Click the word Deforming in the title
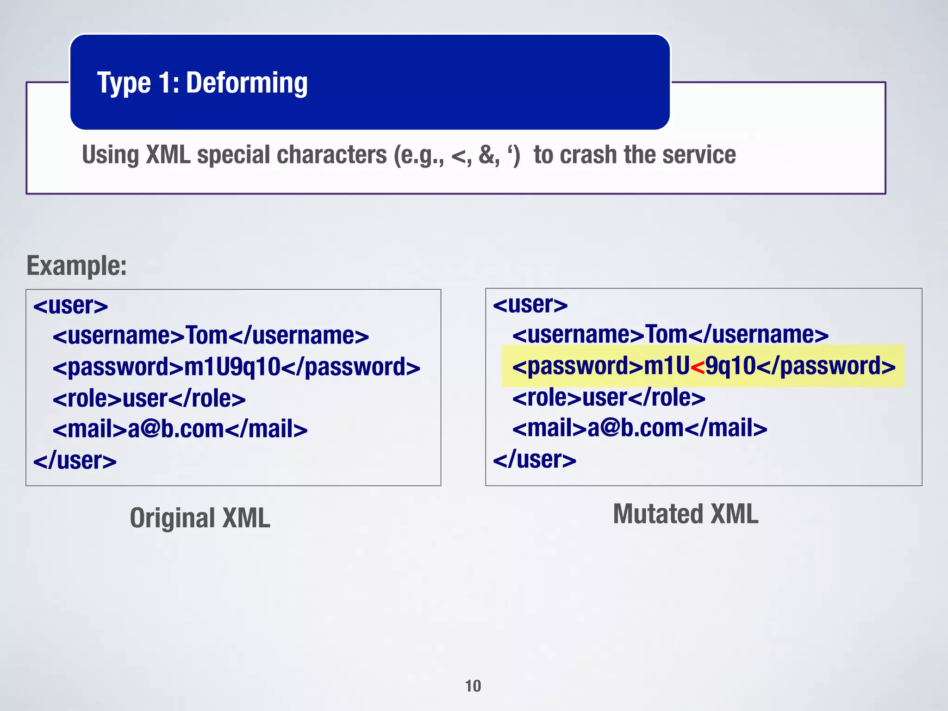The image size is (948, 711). pos(247,83)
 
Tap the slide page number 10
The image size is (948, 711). pos(473,686)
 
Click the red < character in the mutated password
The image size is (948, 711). pos(697,367)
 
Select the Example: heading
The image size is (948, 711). pos(76,266)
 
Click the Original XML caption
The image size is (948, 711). pos(200,518)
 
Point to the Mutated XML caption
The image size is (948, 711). pos(686,514)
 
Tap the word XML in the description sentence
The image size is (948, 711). pos(168,155)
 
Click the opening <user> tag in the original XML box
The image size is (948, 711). pos(70,306)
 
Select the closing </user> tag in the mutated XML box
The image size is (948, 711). pos(534,460)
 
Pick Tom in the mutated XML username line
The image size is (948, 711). pos(666,335)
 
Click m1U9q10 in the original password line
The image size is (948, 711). pos(232,367)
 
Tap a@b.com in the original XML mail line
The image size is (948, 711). pos(176,429)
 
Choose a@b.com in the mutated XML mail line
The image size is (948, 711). pos(636,428)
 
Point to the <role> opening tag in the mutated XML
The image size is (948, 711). pos(547,398)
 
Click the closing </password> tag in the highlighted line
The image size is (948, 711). pos(826,366)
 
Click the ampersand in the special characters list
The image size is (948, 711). pos(486,155)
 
